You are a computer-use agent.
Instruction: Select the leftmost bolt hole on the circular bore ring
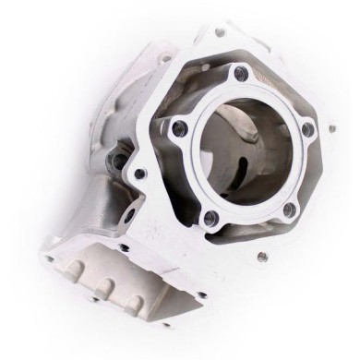pyautogui.click(x=182, y=128)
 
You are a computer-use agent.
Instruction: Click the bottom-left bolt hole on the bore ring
pyautogui.click(x=210, y=216)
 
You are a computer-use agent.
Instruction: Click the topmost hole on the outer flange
pyautogui.click(x=219, y=31)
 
